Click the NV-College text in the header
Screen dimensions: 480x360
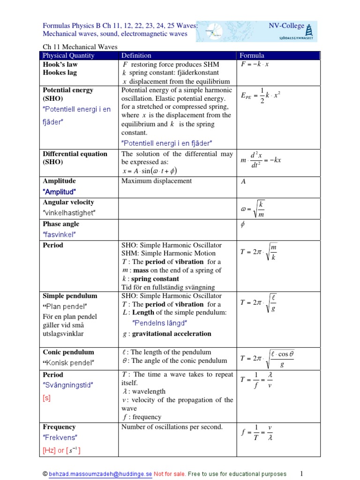tap(286, 26)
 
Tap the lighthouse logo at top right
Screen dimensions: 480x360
tap(309, 31)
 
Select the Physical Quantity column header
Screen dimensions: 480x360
tap(68, 55)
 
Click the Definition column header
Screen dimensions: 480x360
tap(138, 55)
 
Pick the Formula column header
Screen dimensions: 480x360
tap(252, 55)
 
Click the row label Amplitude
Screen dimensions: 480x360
tap(59, 181)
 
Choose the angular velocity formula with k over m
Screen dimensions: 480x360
tap(255, 208)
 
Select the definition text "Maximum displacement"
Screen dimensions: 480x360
tap(157, 181)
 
